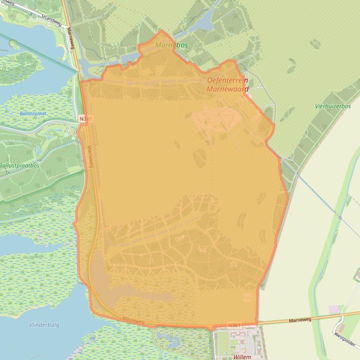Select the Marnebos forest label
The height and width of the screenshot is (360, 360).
pos(172,45)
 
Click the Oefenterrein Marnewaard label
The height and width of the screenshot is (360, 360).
pos(228,84)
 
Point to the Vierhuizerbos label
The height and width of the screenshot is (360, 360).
pos(332,107)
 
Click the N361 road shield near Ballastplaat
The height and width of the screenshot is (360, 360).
pos(85,119)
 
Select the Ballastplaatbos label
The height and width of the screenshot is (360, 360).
pos(20,166)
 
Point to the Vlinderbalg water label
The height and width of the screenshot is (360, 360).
pos(44,325)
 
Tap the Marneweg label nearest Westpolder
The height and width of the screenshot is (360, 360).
pos(300,320)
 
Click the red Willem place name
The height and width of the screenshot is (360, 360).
pos(242,357)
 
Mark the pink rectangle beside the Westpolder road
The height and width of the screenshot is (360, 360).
pos(334,309)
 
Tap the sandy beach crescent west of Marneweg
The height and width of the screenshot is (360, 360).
pos(61,51)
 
